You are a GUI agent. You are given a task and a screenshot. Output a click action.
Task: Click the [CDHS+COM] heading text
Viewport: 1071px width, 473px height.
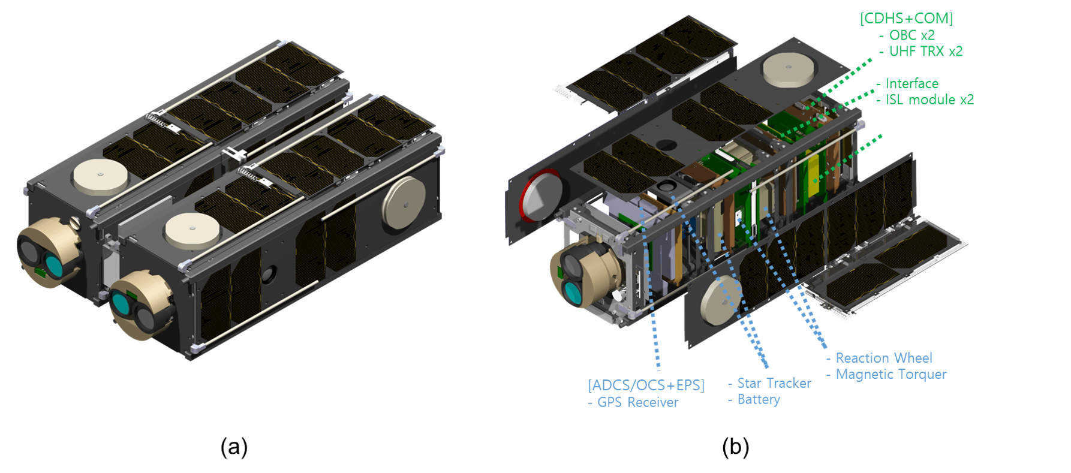(905, 19)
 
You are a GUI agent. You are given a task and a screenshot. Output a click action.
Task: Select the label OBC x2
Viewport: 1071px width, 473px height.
(911, 35)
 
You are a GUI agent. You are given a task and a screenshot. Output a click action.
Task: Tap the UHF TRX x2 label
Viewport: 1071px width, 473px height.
(925, 52)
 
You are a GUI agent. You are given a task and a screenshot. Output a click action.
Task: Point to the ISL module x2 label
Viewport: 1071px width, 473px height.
(929, 100)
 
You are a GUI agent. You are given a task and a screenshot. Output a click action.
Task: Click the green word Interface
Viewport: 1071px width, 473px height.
(911, 83)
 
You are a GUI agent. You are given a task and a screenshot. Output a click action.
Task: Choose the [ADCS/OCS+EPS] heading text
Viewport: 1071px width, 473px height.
(646, 385)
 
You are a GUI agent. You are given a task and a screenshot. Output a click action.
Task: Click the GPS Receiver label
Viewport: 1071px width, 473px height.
(637, 402)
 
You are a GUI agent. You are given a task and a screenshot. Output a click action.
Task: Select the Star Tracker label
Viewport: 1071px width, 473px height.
(774, 383)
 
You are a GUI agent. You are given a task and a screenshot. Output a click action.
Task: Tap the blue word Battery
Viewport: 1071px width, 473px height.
(758, 399)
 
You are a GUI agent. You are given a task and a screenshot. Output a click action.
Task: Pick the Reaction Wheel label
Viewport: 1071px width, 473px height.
(883, 358)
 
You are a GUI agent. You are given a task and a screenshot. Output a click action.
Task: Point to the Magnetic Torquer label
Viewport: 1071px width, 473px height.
(891, 374)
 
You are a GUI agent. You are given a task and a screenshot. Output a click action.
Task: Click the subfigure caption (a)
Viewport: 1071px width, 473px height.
(234, 447)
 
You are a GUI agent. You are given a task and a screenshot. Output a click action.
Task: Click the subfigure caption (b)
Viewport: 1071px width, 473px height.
(735, 447)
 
